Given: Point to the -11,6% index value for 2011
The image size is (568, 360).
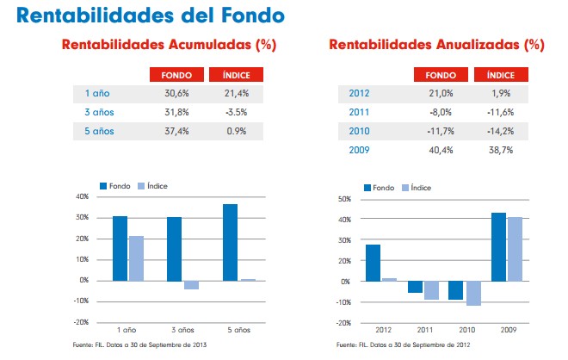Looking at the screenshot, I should pyautogui.click(x=499, y=112).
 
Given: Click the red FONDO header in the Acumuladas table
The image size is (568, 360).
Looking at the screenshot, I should pyautogui.click(x=176, y=74).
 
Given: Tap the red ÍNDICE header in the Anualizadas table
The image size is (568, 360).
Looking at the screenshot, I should pyautogui.click(x=498, y=74).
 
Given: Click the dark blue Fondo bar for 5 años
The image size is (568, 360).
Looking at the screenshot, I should pyautogui.click(x=230, y=242).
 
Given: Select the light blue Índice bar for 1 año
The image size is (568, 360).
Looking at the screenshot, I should pyautogui.click(x=136, y=258).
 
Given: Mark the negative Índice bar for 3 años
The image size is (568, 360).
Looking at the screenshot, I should pyautogui.click(x=191, y=285).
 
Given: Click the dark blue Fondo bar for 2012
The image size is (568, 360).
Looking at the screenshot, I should pyautogui.click(x=372, y=263).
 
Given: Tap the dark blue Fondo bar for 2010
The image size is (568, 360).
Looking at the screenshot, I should pyautogui.click(x=455, y=290).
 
